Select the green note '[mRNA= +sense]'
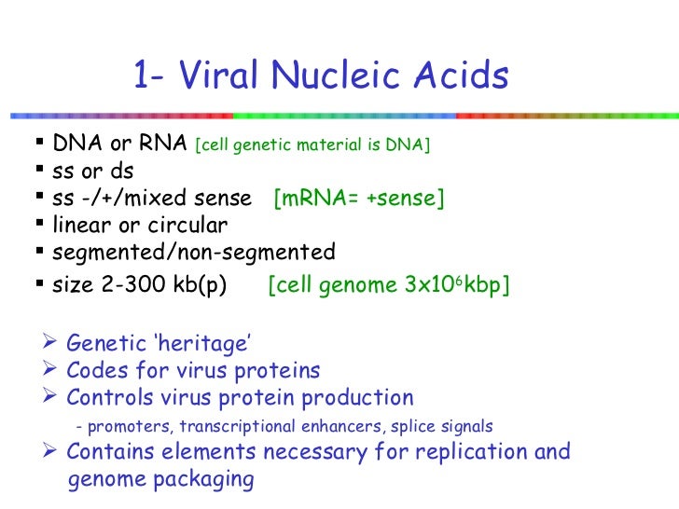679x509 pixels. click(359, 199)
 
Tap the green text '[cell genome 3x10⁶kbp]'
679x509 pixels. click(388, 286)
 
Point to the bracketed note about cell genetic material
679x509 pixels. click(312, 146)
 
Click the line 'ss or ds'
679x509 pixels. click(93, 172)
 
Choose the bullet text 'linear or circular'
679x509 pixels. click(140, 226)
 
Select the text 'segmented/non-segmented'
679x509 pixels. click(194, 253)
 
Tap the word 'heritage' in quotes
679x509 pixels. click(210, 345)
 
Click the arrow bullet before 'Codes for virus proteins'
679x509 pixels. click(52, 371)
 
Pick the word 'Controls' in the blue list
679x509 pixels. click(104, 398)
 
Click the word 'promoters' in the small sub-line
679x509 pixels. click(130, 427)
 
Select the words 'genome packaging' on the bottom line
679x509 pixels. click(160, 480)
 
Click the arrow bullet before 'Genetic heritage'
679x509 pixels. click(52, 345)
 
